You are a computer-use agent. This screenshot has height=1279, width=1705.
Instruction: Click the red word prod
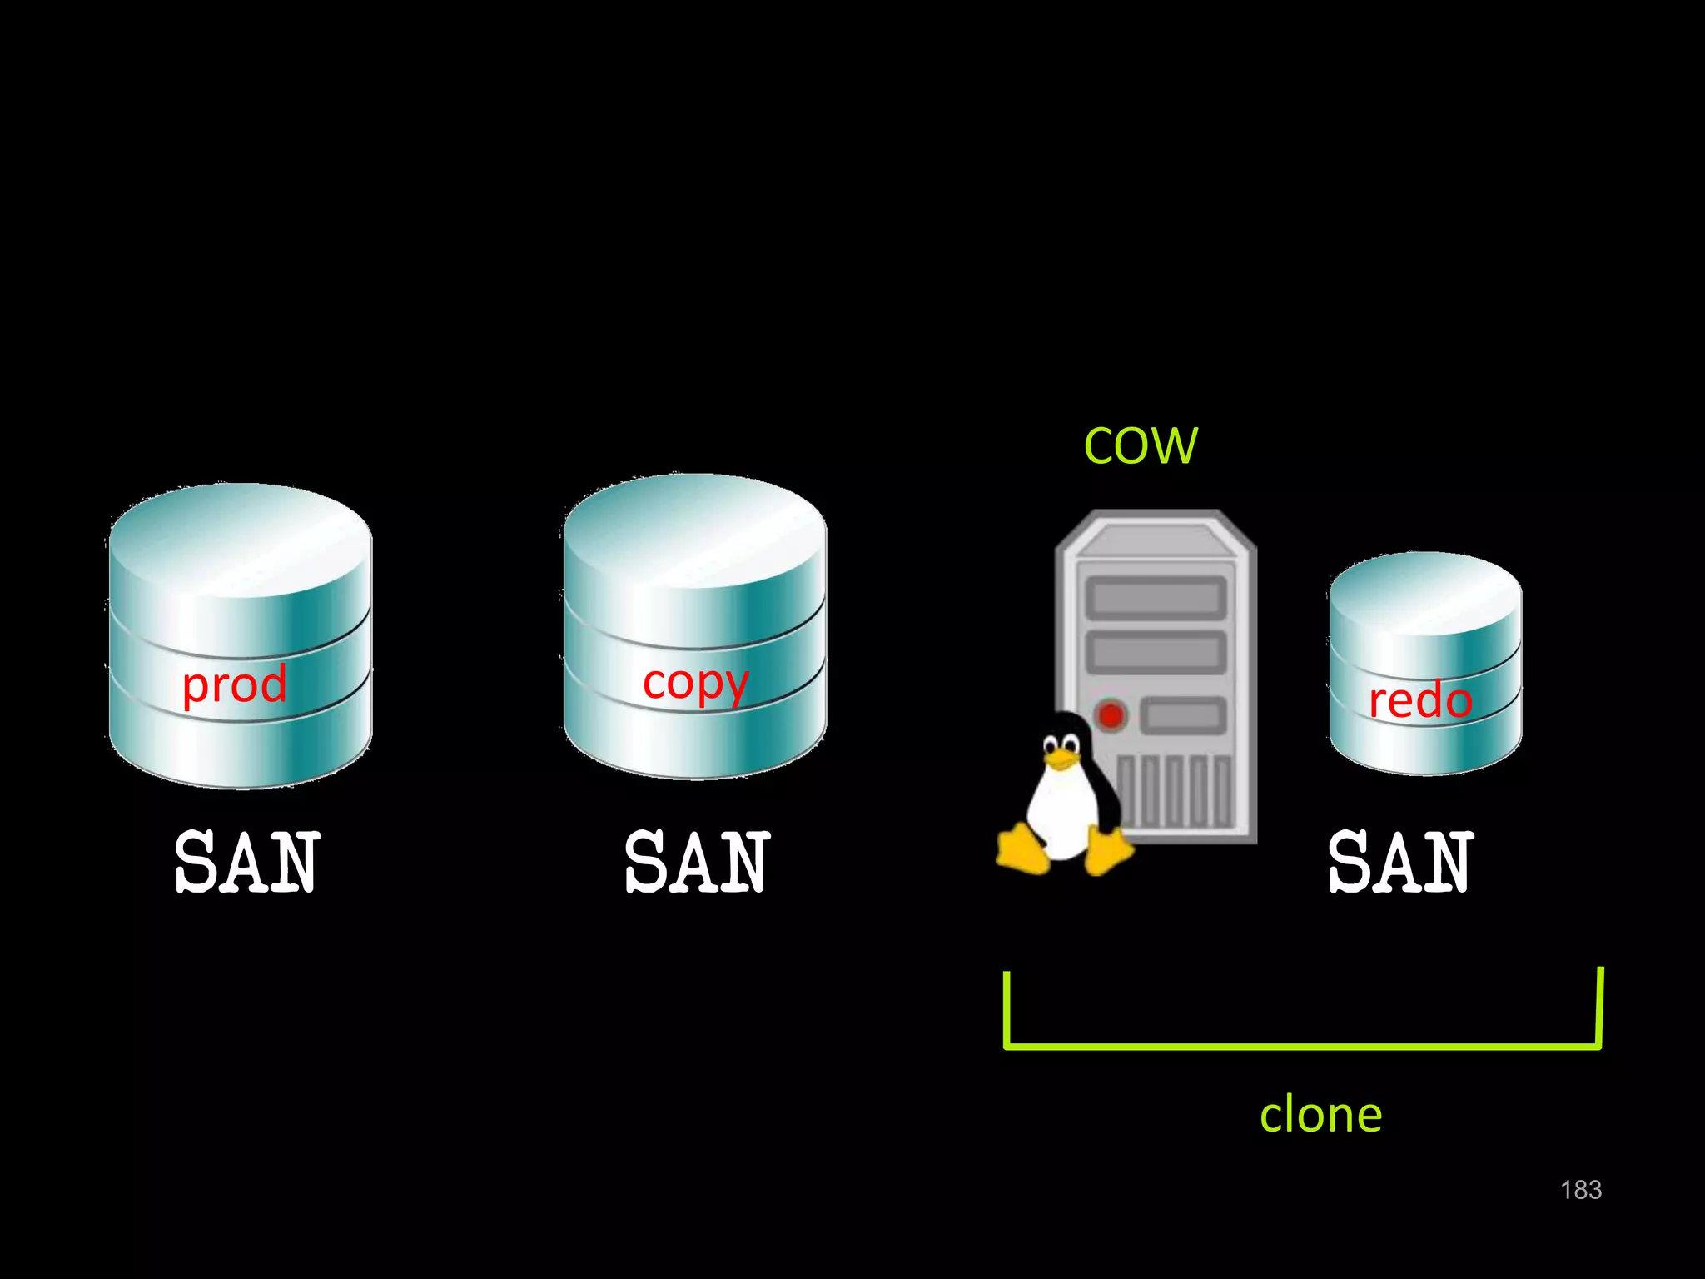[235, 684]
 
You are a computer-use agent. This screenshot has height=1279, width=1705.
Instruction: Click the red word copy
[695, 684]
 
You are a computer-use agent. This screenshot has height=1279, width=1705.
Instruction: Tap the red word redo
[1420, 700]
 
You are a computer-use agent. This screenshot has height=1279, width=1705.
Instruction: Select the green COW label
[1141, 445]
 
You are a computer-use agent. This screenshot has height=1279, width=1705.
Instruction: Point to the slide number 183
[1580, 1190]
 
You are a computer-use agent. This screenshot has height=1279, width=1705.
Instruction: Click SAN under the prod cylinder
[247, 863]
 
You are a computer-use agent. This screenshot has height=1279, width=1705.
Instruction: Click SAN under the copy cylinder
[698, 863]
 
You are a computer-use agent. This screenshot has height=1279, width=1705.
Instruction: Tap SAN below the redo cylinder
[1400, 863]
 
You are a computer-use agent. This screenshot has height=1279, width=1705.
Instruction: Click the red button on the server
[1111, 714]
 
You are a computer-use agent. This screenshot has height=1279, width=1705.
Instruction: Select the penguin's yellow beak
[1060, 759]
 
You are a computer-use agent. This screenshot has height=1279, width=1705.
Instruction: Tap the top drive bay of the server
[1156, 597]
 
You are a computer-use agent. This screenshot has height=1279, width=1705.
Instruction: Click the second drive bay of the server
[1156, 652]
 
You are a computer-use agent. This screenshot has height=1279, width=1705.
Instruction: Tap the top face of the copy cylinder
[695, 530]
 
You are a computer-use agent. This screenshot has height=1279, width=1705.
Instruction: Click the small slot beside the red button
[1183, 714]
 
